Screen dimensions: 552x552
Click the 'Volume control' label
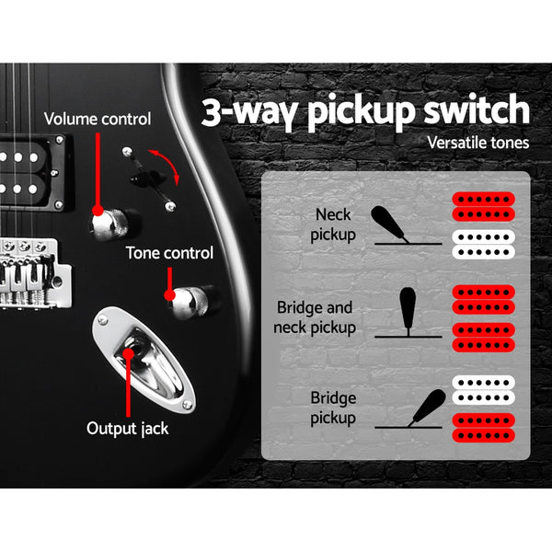[x=98, y=120]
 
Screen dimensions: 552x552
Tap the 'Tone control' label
[x=170, y=253]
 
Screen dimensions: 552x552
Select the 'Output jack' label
[x=126, y=428]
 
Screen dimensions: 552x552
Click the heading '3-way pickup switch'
[x=366, y=111]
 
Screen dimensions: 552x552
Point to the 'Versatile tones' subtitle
[x=478, y=143]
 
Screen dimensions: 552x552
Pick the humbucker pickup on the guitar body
[x=31, y=169]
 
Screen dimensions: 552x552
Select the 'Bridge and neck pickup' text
[x=315, y=316]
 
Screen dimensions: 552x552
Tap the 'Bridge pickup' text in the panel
[x=333, y=408]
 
